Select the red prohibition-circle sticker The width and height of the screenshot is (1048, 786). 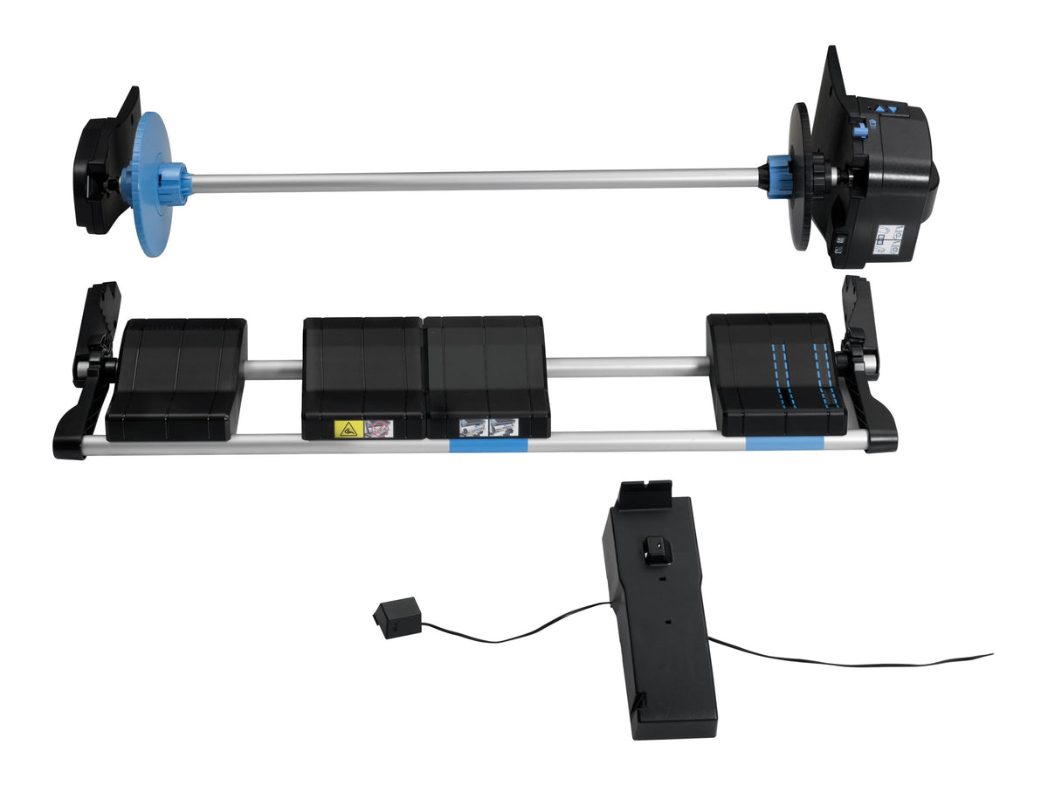point(379,428)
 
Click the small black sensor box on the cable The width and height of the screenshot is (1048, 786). point(396,617)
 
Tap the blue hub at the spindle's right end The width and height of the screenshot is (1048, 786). point(779,176)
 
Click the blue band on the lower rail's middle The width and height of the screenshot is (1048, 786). point(487,445)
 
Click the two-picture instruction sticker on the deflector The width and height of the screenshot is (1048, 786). point(488,426)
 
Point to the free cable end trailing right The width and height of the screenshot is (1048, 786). point(987,655)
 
